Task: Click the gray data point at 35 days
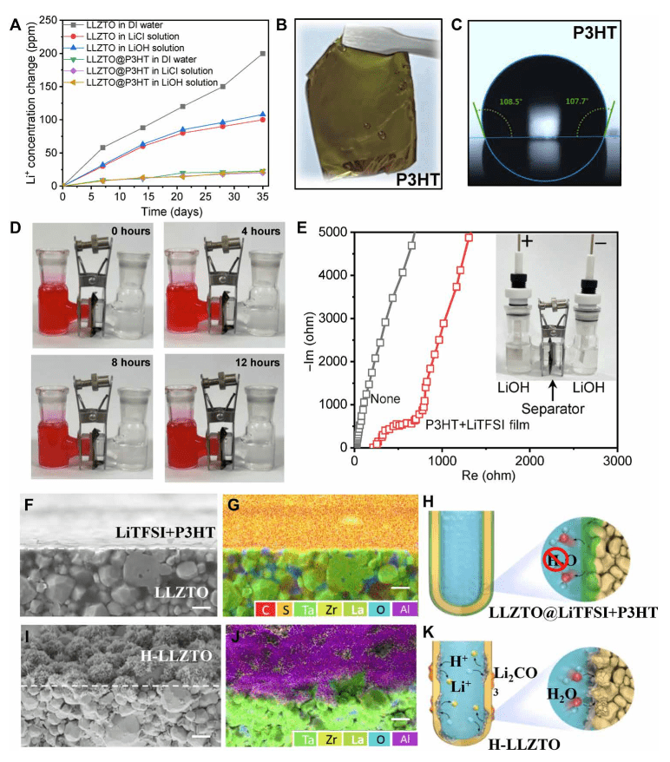pyautogui.click(x=262, y=54)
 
